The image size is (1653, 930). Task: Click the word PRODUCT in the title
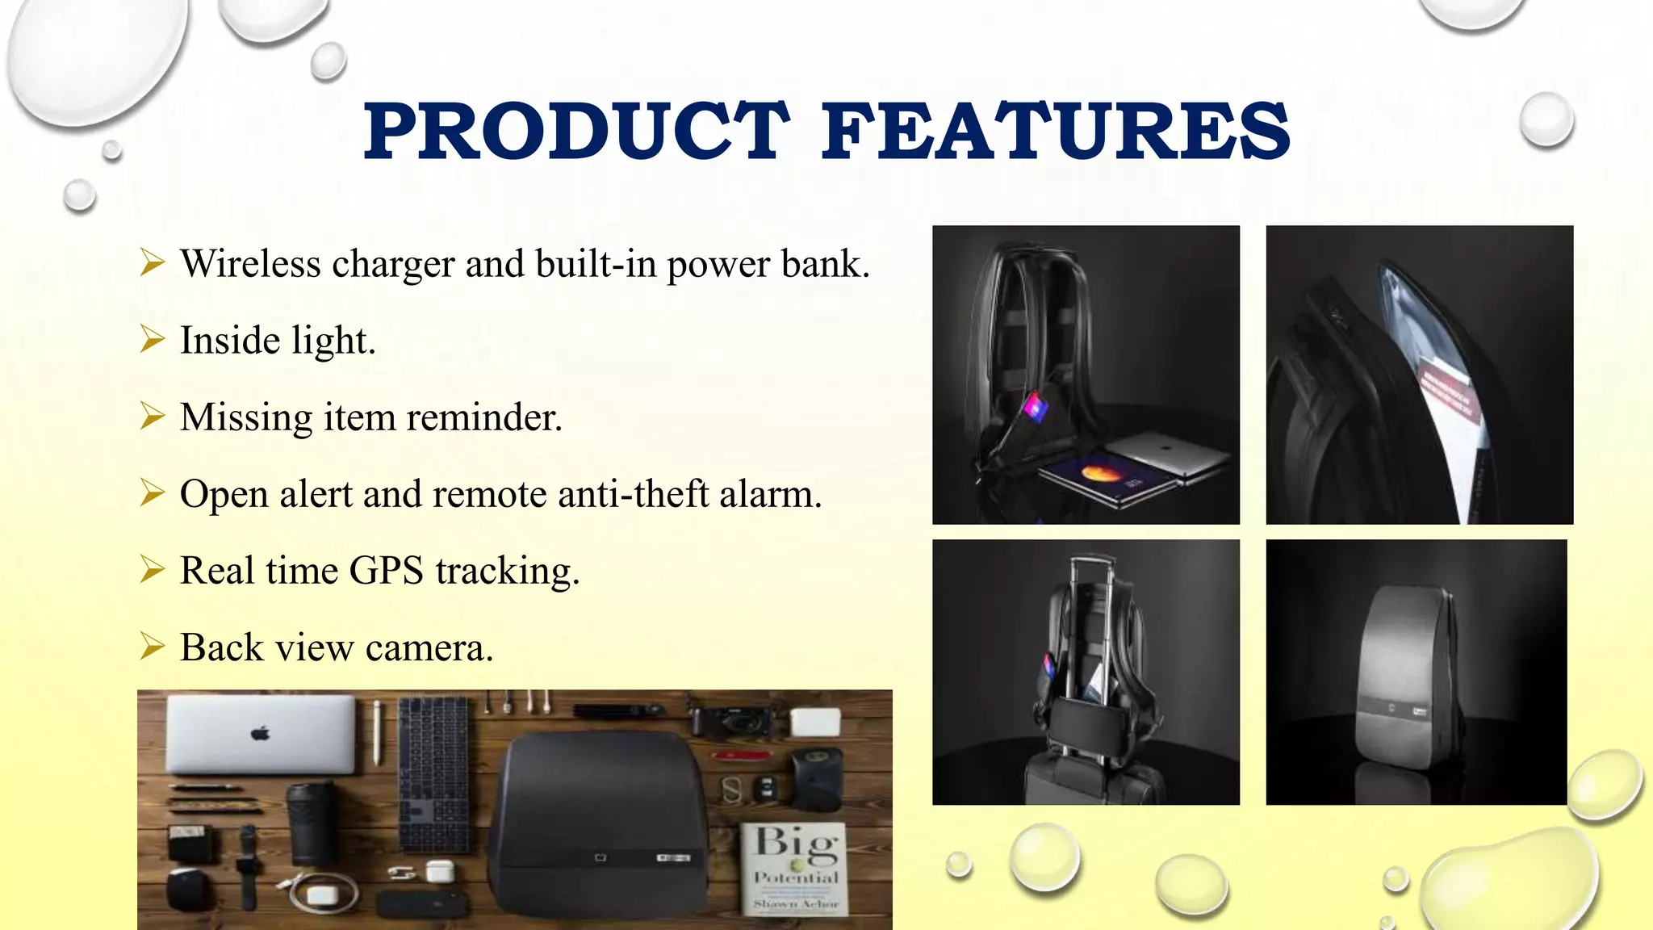[576, 131]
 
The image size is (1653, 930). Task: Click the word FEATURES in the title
[1056, 131]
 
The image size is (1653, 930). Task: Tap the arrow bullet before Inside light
[152, 339]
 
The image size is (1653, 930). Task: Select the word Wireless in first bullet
[250, 264]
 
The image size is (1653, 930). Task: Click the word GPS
[386, 571]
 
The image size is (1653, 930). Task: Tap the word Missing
[246, 418]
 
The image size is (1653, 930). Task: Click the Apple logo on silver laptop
[260, 733]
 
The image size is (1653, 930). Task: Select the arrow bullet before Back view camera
[152, 647]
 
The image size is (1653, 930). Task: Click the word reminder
[483, 418]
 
